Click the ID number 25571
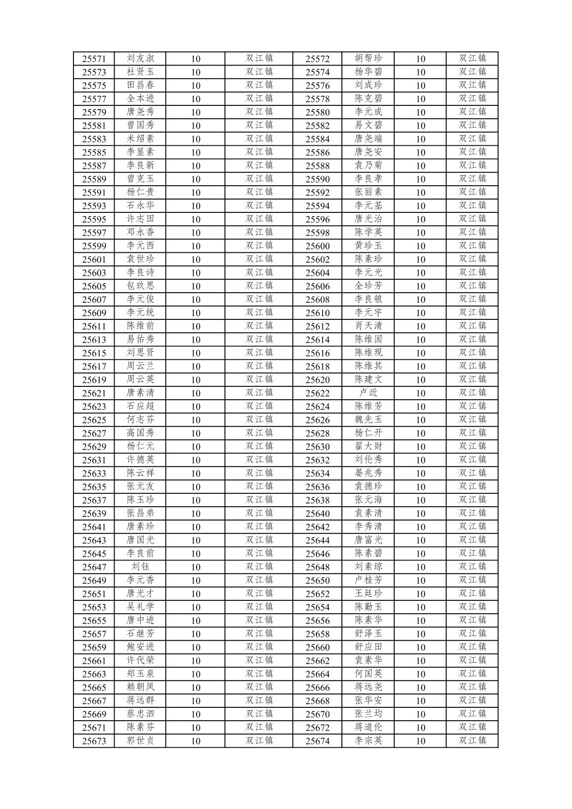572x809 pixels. [x=94, y=59]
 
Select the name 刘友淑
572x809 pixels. [x=140, y=59]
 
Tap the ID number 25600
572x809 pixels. [x=317, y=246]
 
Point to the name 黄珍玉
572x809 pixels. [x=368, y=245]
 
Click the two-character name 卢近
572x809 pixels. [x=368, y=393]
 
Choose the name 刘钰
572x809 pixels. [x=140, y=567]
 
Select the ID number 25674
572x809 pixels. [x=317, y=741]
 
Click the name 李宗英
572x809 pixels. [x=368, y=740]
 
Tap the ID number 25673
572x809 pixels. [x=94, y=741]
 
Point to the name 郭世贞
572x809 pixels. [x=140, y=740]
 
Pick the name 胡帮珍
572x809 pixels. [x=368, y=59]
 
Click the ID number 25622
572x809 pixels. [x=317, y=393]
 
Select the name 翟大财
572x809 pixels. [x=368, y=446]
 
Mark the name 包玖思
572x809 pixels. [x=140, y=286]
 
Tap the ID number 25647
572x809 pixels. [x=94, y=567]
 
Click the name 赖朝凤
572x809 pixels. [x=140, y=687]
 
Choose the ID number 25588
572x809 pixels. [x=317, y=166]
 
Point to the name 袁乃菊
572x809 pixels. [x=368, y=166]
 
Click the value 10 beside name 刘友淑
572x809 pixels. [x=195, y=59]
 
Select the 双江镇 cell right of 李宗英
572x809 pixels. [x=472, y=740]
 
